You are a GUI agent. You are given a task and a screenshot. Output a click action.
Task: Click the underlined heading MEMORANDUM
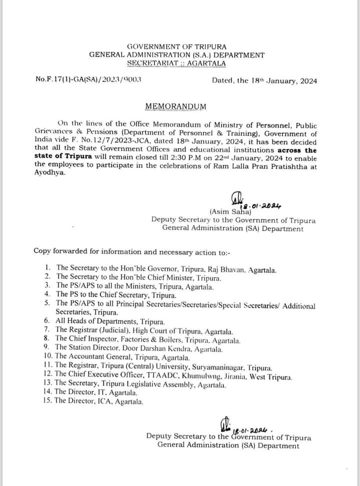pos(174,106)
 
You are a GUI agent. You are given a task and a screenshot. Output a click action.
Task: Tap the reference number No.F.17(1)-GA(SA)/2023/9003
pos(88,79)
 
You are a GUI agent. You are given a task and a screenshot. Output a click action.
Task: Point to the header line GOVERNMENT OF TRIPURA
pos(176,46)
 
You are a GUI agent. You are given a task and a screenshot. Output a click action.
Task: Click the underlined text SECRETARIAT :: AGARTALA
pos(176,63)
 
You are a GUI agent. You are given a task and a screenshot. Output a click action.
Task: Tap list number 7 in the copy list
pos(46,330)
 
